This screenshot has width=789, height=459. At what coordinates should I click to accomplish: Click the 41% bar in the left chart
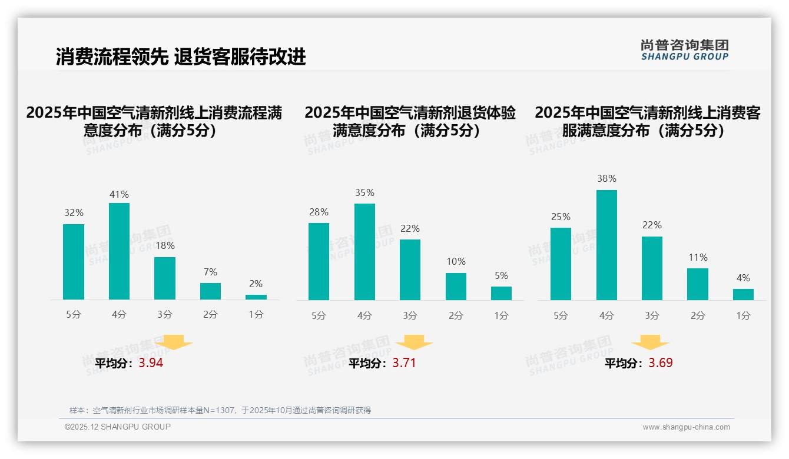(x=119, y=251)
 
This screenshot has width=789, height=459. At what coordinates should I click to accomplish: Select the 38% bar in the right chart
(x=606, y=245)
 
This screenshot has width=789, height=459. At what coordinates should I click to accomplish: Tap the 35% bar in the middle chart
(x=364, y=252)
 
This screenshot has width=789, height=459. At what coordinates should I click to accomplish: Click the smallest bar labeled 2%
(x=256, y=297)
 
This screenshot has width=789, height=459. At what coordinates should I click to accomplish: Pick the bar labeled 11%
(x=698, y=284)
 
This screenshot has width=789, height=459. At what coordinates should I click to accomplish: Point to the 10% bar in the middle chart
(x=456, y=287)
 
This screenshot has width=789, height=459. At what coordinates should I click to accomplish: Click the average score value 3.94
(x=151, y=363)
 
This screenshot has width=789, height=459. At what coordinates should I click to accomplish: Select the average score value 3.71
(x=404, y=363)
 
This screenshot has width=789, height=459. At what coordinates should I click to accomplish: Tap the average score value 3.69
(x=661, y=363)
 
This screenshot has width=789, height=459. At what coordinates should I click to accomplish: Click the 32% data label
(x=74, y=213)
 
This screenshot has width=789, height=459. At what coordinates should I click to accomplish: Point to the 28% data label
(x=319, y=212)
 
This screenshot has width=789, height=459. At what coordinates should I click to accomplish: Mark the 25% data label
(x=561, y=217)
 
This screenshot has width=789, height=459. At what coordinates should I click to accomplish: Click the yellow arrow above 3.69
(x=650, y=342)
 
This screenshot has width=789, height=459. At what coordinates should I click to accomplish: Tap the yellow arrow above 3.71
(x=414, y=342)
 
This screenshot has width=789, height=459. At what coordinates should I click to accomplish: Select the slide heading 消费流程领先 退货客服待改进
(x=181, y=57)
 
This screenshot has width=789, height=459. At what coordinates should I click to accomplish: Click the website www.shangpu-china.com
(x=686, y=427)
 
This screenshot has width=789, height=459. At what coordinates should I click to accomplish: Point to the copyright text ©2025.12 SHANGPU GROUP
(x=118, y=427)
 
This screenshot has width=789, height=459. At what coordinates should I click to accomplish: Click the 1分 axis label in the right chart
(x=743, y=316)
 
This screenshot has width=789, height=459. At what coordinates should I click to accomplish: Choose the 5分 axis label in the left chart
(x=74, y=315)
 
